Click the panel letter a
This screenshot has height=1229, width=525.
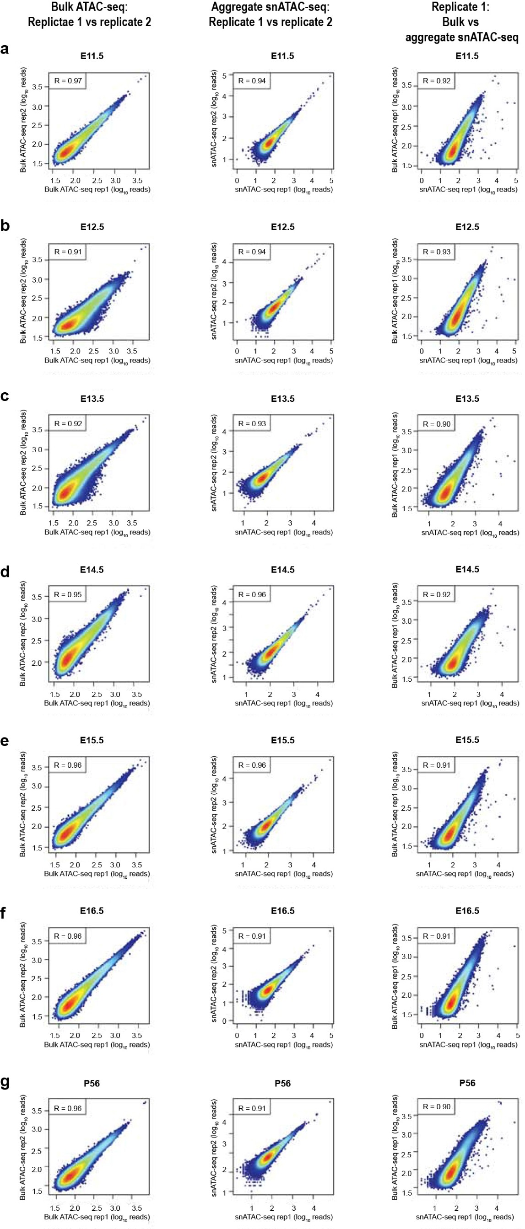(x=5, y=49)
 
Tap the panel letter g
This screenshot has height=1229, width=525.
(x=5, y=1082)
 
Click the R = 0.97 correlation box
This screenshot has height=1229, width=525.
(x=68, y=80)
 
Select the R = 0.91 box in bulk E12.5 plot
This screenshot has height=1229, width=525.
(x=67, y=251)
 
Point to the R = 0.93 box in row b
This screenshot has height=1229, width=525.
(x=436, y=251)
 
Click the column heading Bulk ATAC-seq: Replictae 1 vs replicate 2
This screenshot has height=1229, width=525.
(x=89, y=14)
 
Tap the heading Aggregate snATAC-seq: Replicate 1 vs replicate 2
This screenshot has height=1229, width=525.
(x=271, y=14)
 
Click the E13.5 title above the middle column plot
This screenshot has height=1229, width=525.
(x=282, y=398)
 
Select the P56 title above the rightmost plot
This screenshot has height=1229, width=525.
(x=467, y=1083)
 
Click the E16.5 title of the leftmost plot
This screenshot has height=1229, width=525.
(x=91, y=911)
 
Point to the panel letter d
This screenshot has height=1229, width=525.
(x=5, y=571)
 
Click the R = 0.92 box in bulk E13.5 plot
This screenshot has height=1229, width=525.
(x=67, y=423)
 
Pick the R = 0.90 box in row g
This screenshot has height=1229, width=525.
(x=436, y=1106)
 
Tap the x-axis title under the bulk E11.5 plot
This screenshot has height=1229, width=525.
(x=97, y=190)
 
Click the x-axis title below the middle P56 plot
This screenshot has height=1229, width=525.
(x=283, y=1217)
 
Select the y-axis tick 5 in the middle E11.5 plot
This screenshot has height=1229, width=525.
(x=224, y=75)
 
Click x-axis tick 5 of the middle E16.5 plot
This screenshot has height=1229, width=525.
(x=331, y=1035)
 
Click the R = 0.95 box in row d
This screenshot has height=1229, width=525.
(x=67, y=594)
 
